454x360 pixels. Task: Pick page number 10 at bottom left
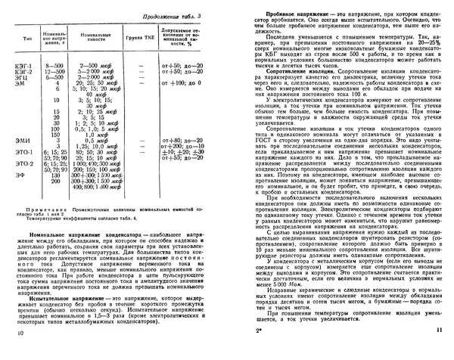coord(19,351)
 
